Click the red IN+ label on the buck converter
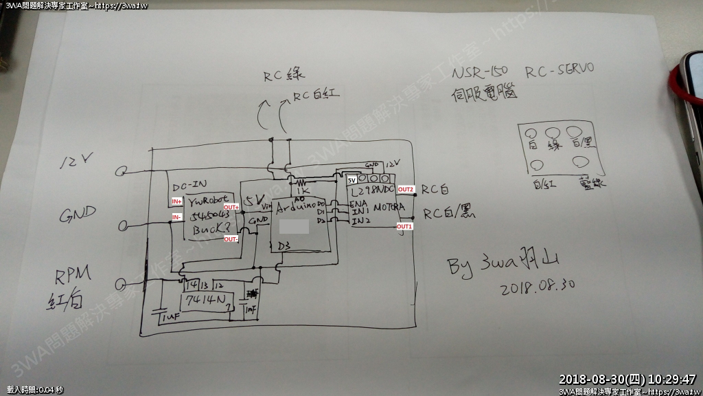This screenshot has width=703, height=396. tap(176, 201)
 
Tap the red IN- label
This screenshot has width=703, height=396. tap(176, 217)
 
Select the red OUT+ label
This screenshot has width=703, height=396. tap(231, 207)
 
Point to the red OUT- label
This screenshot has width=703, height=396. tap(231, 239)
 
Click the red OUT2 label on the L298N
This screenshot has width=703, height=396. tap(406, 189)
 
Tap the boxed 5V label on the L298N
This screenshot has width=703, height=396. tap(351, 180)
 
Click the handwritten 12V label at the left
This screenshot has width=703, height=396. tap(78, 163)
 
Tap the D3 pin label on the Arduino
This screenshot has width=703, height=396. tap(284, 245)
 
